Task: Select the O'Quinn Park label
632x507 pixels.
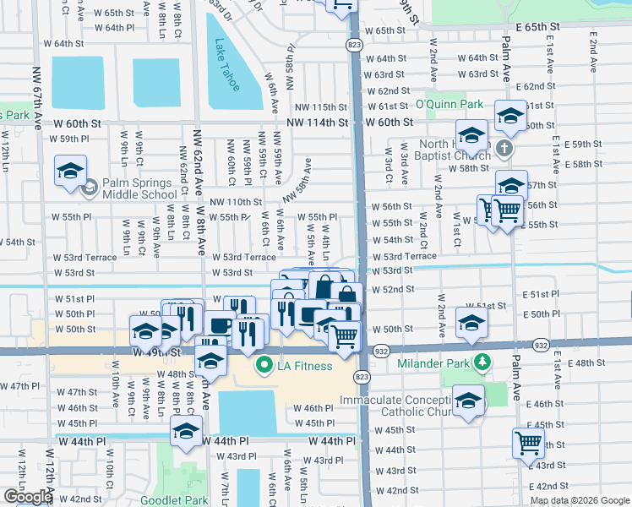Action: [x=449, y=104]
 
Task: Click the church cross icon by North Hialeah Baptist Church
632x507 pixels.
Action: [x=504, y=149]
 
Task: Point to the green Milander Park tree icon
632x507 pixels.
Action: [x=482, y=363]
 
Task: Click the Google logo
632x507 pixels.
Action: [x=28, y=496]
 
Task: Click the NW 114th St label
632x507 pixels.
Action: [x=317, y=123]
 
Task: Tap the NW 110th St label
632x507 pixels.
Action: [x=236, y=202]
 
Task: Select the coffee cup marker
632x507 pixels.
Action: [x=220, y=324]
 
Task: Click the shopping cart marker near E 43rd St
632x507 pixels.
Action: [x=528, y=441]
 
